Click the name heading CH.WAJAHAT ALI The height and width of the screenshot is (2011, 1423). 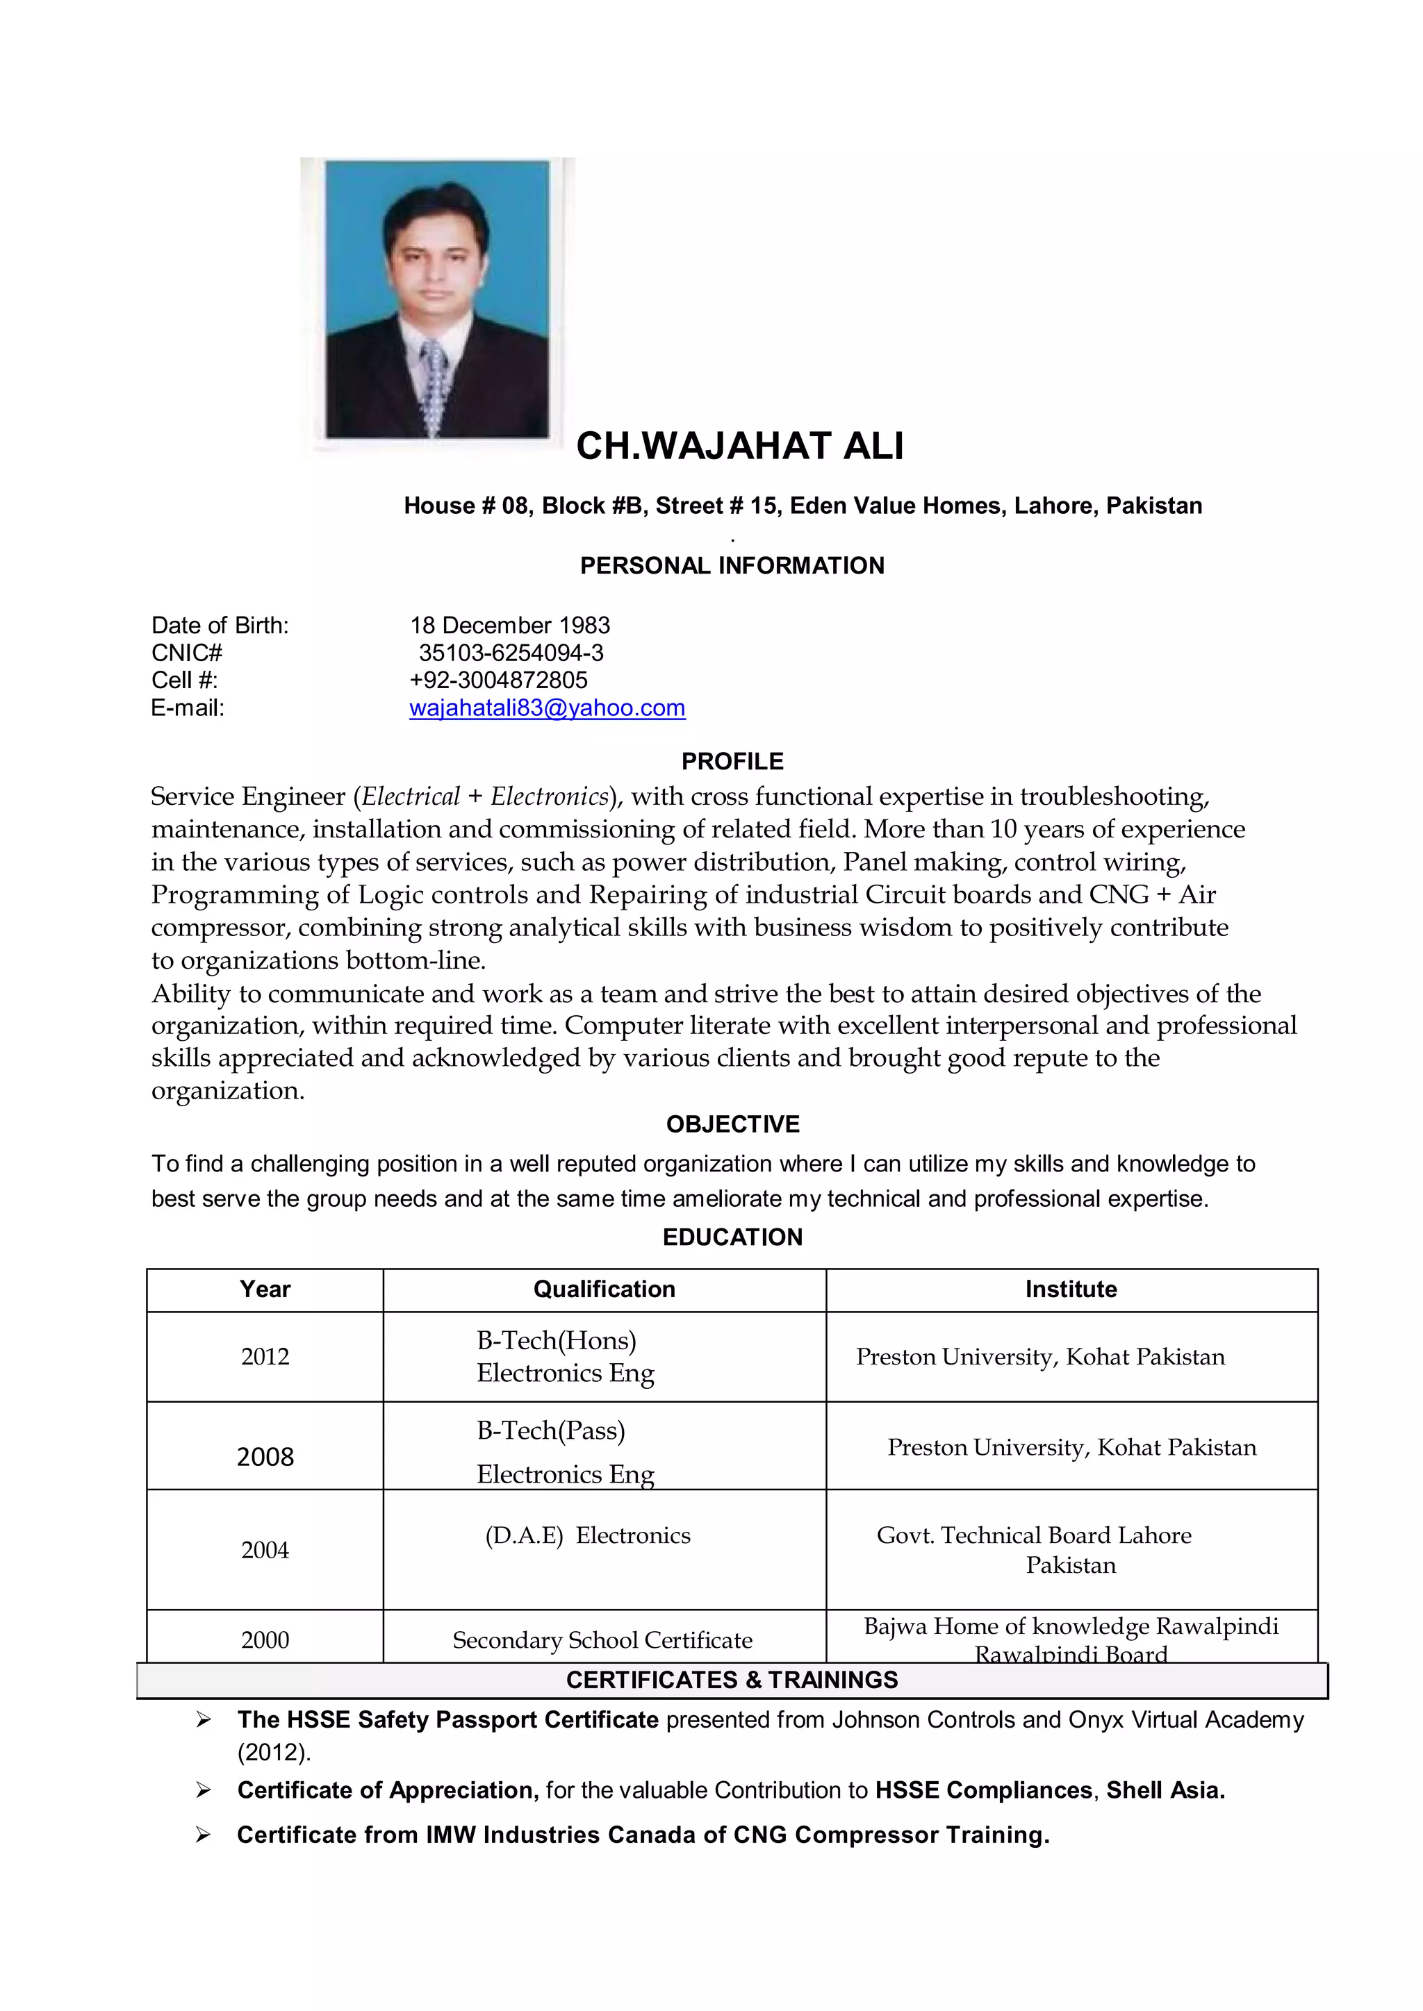pos(739,447)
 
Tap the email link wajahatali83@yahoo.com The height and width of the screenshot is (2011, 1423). pos(547,708)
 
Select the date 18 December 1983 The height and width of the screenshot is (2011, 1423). pos(510,626)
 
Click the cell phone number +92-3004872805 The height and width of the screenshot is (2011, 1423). pos(499,680)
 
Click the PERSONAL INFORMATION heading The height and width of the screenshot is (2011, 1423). pos(732,566)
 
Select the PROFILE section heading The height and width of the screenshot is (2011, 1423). pos(732,761)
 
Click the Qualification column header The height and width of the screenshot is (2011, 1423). pos(604,1290)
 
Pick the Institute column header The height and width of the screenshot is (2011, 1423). pos(1071,1290)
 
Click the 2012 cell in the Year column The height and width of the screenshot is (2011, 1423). pos(265,1357)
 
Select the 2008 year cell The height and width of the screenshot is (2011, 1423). pos(265,1457)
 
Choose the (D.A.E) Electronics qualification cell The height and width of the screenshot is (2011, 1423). pos(588,1535)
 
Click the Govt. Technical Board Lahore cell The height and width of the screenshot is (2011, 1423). pos(1034,1535)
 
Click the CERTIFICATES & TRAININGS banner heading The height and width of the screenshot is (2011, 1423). pos(732,1680)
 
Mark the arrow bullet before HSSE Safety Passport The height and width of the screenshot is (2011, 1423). pos(204,1720)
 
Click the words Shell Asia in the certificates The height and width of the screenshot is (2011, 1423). pos(1165,1790)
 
